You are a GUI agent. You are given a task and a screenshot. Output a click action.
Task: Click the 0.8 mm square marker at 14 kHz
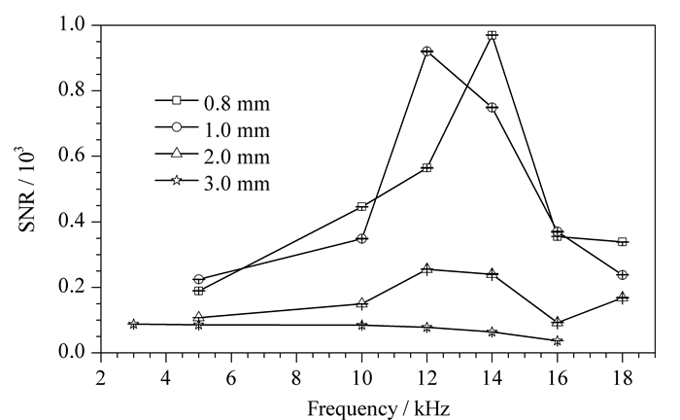coord(492,36)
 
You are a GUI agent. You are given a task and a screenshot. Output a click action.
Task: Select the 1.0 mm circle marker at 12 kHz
coord(426,52)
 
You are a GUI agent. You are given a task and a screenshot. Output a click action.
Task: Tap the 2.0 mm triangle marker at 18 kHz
coord(623,297)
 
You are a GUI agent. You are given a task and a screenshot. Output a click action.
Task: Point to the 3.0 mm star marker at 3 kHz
coord(134,324)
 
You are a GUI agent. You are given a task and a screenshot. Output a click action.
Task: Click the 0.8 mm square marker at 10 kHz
coord(361,206)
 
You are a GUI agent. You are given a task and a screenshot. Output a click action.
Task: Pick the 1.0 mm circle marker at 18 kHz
coord(623,274)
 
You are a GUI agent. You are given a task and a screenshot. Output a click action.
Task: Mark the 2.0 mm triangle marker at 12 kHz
coord(426,269)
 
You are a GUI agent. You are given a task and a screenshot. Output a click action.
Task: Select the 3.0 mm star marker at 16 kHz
coord(558,340)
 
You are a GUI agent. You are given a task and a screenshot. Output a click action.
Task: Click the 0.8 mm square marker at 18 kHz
coord(623,242)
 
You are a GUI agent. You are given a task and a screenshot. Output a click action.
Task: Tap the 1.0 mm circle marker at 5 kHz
coord(198,279)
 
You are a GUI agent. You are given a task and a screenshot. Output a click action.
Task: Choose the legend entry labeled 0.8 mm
coord(213,103)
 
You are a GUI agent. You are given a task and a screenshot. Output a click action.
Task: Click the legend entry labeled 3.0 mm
coord(213,182)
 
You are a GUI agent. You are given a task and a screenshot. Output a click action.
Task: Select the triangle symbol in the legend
coord(176,154)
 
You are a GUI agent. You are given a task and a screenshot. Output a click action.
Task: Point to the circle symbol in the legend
coord(176,127)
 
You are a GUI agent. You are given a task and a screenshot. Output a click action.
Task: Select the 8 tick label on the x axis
coord(296,377)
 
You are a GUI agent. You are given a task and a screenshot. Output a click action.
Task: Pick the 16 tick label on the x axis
coord(558,377)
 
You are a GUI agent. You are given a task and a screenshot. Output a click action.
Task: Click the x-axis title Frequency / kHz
coord(378,408)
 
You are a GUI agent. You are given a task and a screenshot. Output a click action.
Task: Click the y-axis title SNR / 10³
coord(26,190)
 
